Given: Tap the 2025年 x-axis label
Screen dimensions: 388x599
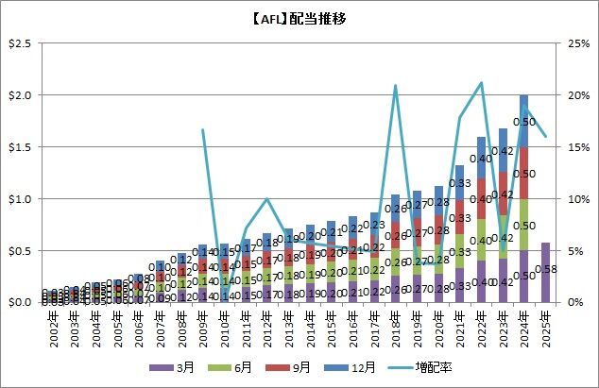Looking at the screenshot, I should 545,325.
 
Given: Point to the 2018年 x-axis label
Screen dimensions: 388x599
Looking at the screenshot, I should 394,325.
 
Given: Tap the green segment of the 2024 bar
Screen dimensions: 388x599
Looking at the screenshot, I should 523,225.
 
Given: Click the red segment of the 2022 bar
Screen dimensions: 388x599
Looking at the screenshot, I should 481,198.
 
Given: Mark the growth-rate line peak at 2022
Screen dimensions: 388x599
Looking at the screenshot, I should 481,83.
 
